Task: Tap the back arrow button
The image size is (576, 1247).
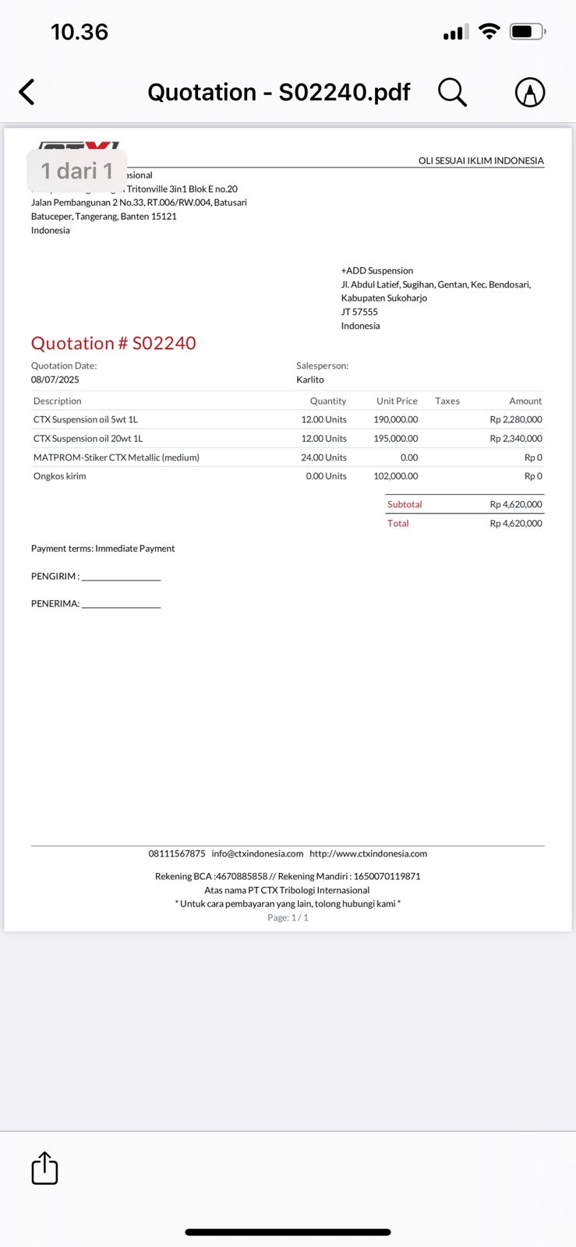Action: [x=27, y=92]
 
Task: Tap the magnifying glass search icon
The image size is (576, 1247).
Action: [x=452, y=92]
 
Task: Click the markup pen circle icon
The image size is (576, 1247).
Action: [x=530, y=92]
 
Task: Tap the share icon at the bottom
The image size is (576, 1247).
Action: [x=44, y=1168]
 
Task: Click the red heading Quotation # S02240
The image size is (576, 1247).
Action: [x=113, y=343]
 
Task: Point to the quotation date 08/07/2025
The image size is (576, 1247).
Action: [x=55, y=380]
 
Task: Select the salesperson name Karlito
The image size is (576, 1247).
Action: [x=310, y=380]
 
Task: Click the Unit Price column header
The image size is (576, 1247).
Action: [x=397, y=401]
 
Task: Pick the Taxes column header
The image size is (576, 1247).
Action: [x=447, y=401]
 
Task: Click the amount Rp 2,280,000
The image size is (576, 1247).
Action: [x=516, y=419]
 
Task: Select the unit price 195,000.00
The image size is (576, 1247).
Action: [x=396, y=439]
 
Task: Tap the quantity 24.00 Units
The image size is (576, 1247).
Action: [x=323, y=457]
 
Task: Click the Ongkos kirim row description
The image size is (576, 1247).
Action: [x=59, y=476]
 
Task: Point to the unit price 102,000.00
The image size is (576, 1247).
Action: [x=396, y=476]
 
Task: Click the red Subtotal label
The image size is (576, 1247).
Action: [x=405, y=504]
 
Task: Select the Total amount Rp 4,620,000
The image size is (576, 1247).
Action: [x=516, y=524]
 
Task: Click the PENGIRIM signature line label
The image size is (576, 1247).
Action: [x=55, y=577]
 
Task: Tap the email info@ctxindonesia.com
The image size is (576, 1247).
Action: [x=257, y=853]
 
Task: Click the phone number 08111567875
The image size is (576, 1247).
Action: [x=177, y=853]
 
